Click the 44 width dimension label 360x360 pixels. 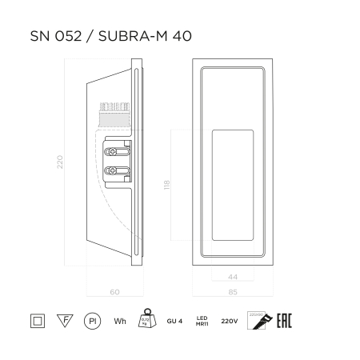point(234,276)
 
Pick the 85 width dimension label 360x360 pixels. point(234,292)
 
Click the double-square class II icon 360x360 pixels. point(37,321)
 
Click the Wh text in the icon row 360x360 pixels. point(120,322)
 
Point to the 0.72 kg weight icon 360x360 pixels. point(146,319)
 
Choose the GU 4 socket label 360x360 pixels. point(175,322)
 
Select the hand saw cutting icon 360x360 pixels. point(259,320)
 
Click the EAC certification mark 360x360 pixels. point(284,321)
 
